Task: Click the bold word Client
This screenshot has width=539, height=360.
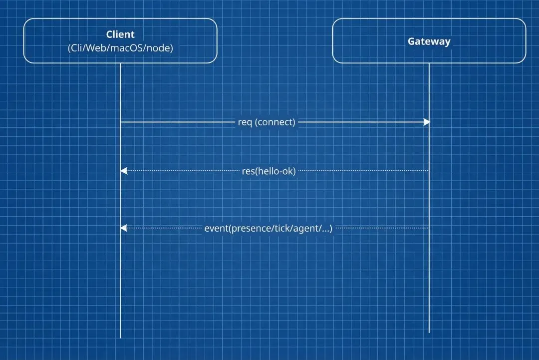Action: point(120,34)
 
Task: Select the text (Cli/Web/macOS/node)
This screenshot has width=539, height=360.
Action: point(120,48)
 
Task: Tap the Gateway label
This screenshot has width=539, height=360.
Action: point(429,41)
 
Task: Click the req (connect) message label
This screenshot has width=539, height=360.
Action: point(267,122)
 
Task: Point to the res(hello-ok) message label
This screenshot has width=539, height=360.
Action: point(269,171)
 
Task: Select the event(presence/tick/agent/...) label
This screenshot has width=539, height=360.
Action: point(268,229)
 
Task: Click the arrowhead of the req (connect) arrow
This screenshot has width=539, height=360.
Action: point(427,122)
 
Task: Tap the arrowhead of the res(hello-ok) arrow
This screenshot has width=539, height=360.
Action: point(124,171)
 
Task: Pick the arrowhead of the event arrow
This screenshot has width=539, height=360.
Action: point(124,228)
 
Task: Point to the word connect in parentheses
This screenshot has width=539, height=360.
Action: point(275,122)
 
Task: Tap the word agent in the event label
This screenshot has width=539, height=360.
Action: point(306,229)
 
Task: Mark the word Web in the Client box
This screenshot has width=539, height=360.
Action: point(96,48)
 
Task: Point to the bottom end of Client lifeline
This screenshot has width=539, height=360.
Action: point(120,337)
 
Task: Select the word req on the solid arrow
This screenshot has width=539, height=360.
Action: point(245,122)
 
